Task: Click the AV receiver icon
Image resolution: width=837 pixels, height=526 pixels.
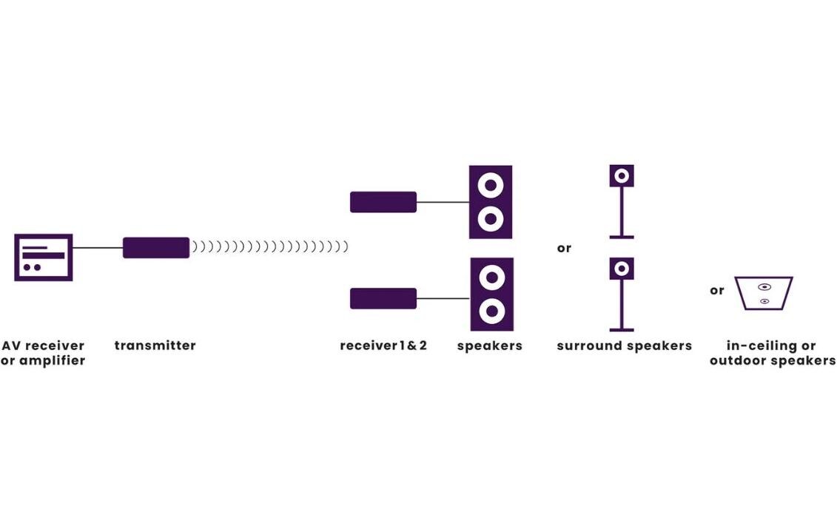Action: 44,257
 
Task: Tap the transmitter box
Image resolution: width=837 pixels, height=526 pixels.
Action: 156,248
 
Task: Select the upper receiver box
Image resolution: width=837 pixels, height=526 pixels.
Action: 383,202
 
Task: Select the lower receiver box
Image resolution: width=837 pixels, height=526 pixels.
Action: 383,298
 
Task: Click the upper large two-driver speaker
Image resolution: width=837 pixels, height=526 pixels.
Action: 491,202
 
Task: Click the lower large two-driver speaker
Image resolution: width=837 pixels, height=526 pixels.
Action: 491,294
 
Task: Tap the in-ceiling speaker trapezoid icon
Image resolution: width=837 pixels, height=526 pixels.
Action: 764,293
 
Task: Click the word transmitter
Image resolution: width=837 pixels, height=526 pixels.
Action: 155,345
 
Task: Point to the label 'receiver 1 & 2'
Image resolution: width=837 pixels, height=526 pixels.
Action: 383,345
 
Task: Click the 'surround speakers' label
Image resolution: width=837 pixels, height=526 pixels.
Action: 624,345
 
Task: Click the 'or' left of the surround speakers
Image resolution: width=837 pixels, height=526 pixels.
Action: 564,249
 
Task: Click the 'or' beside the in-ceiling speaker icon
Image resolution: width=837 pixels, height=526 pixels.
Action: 716,291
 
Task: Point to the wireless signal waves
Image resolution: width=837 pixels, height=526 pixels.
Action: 270,247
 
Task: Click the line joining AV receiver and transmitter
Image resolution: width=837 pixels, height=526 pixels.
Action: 98,248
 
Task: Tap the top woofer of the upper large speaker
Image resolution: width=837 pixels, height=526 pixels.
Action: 491,185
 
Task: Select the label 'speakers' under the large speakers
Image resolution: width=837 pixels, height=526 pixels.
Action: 489,345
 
